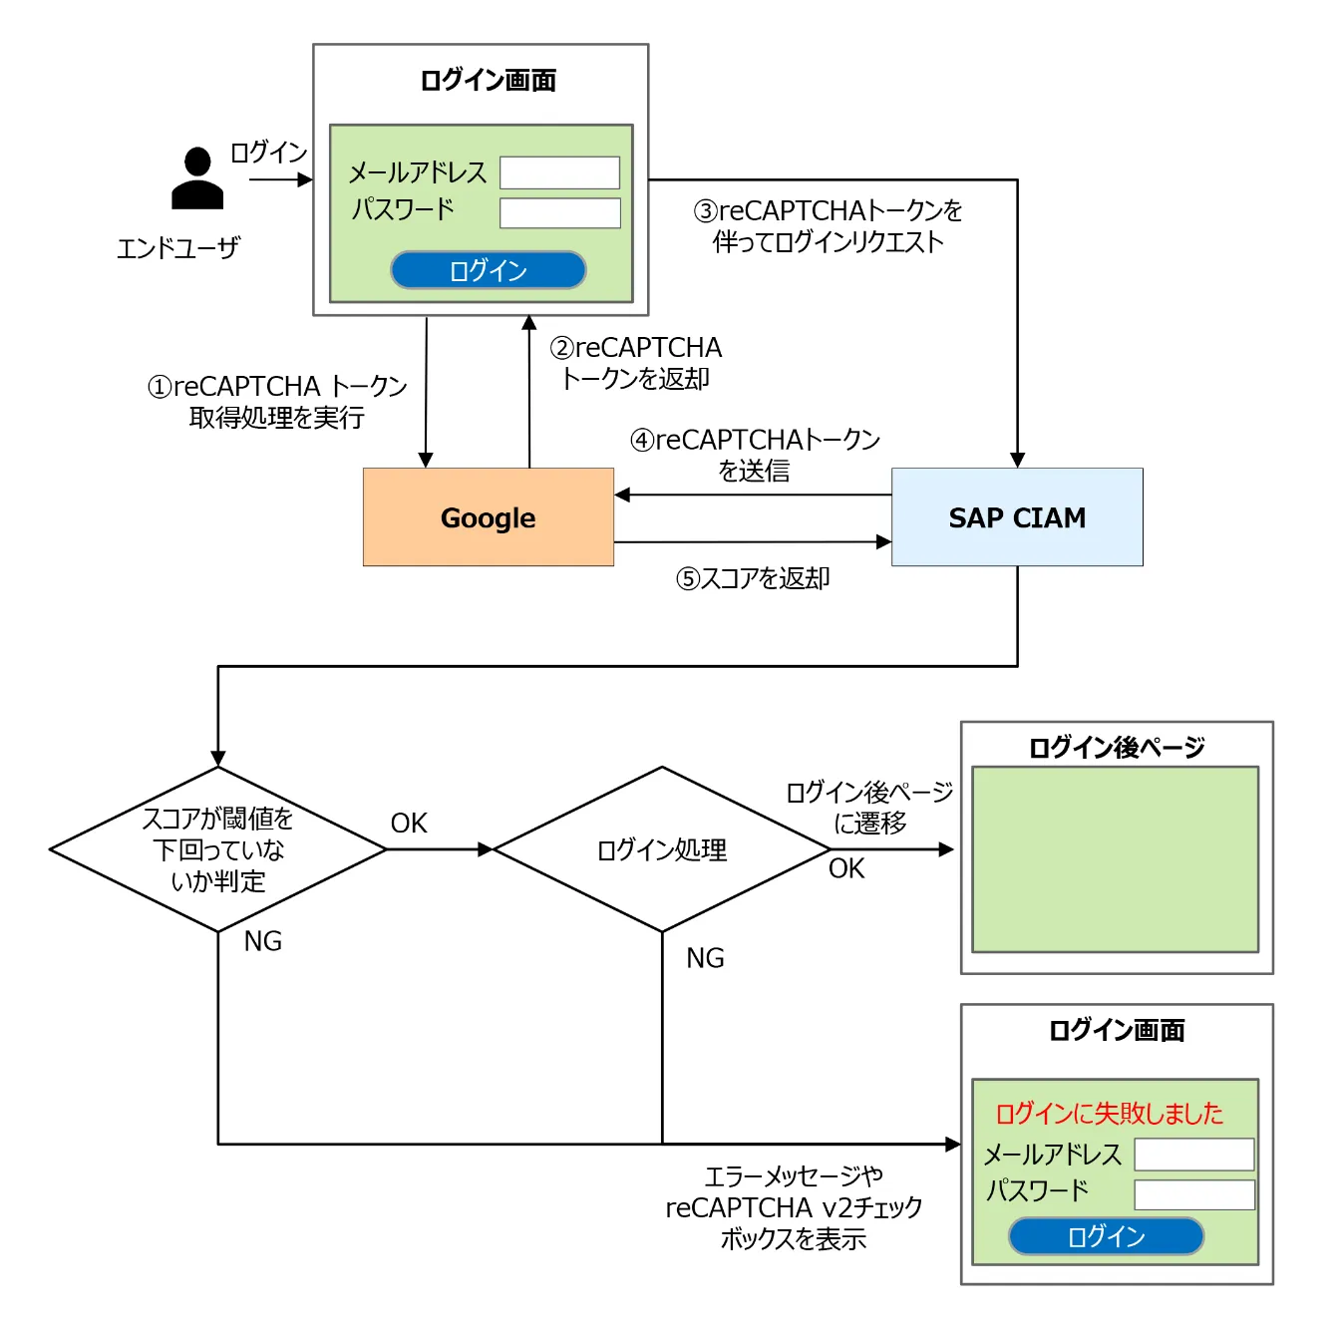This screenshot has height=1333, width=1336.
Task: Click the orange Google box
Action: pos(488,517)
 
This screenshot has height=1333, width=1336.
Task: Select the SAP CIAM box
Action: pos(1017,517)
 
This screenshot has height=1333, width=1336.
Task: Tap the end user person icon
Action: pos(197,179)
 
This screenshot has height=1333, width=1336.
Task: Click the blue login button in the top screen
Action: pos(488,270)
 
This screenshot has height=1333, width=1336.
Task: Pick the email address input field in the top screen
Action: pos(559,172)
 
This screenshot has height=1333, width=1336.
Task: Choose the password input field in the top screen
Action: pos(559,212)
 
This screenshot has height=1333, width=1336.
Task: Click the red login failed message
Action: pos(1109,1113)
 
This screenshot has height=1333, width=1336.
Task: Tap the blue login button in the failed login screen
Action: pos(1106,1236)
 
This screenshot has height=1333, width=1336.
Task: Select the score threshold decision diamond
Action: pos(217,849)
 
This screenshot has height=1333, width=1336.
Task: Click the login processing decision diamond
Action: pos(662,849)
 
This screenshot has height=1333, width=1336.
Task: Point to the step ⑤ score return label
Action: pos(753,578)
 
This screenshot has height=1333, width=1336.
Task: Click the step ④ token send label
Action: pos(755,455)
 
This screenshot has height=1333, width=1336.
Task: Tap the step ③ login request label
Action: pos(828,226)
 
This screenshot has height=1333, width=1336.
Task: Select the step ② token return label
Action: pos(636,363)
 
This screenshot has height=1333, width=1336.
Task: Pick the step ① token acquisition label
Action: pos(277,402)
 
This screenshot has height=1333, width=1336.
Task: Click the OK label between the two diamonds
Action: pos(409,824)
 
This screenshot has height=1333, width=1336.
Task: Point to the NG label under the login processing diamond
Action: pos(705,958)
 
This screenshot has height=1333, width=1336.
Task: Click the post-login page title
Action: pos(1117,747)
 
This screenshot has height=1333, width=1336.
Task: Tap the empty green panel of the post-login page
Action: pos(1115,859)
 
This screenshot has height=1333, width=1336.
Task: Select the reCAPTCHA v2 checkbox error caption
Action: pos(794,1207)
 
